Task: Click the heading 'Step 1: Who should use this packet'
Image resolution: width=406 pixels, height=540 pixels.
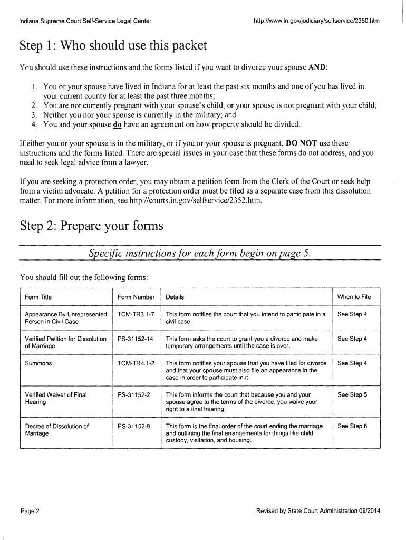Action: pyautogui.click(x=113, y=47)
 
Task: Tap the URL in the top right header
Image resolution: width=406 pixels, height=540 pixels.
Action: pyautogui.click(x=316, y=21)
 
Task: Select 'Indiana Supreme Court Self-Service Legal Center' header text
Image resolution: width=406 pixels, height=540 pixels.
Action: pyautogui.click(x=85, y=21)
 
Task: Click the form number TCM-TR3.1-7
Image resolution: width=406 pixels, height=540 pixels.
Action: pyautogui.click(x=136, y=314)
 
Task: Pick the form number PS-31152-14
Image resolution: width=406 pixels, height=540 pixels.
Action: pyautogui.click(x=136, y=339)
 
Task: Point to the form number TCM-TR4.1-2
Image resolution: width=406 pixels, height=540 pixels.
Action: pyautogui.click(x=136, y=363)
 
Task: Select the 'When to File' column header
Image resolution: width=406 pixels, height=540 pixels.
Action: pyautogui.click(x=354, y=297)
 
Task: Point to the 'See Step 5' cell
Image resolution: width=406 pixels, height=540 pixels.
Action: pyautogui.click(x=352, y=394)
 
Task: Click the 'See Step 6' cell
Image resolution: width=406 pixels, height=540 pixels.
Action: pyautogui.click(x=352, y=426)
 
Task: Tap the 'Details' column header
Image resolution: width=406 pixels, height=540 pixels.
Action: pyautogui.click(x=175, y=297)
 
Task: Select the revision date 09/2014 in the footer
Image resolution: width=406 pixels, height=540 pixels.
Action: pyautogui.click(x=369, y=511)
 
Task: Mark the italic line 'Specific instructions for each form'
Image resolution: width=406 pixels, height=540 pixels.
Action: pyautogui.click(x=200, y=254)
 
